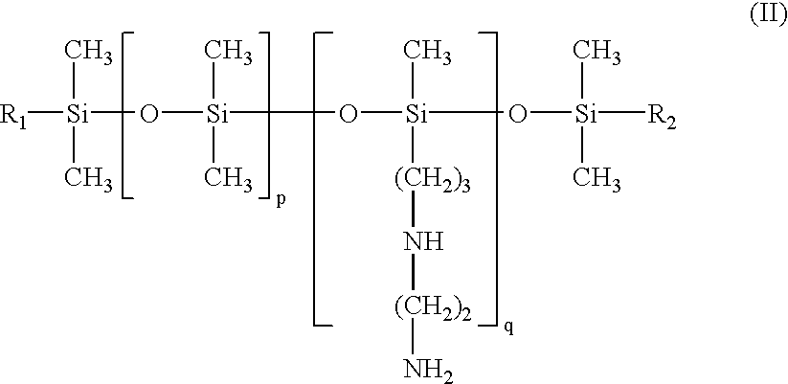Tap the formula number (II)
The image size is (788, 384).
[766, 18]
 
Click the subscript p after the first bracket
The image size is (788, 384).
[281, 202]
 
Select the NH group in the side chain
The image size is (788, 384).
[421, 241]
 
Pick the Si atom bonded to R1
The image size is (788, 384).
[78, 116]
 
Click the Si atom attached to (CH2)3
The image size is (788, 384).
[415, 116]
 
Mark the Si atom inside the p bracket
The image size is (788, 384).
[217, 116]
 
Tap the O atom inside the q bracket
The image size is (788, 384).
[349, 116]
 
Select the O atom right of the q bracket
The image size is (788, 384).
[518, 116]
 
